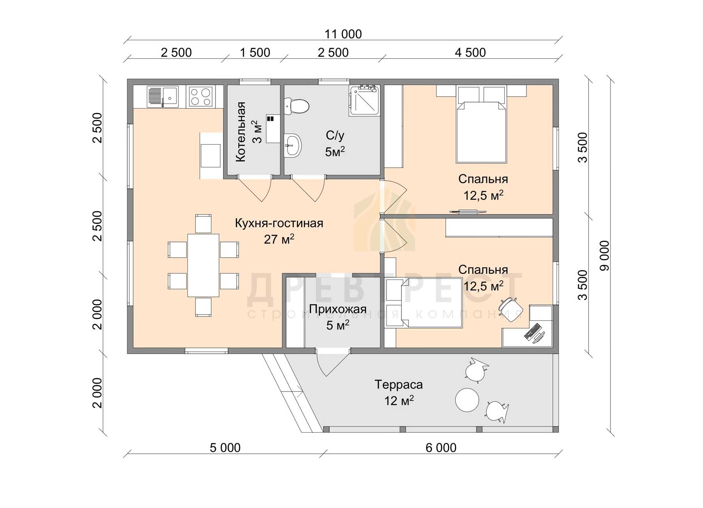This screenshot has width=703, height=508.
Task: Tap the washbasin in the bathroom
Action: (x=293, y=146)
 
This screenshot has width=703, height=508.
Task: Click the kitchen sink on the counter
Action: (x=162, y=97)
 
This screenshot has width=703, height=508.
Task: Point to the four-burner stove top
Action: (x=200, y=97)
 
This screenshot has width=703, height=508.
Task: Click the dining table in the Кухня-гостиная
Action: (x=203, y=265)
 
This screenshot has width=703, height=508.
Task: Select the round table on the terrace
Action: (x=467, y=399)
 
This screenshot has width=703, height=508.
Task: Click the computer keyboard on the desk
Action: (x=532, y=331)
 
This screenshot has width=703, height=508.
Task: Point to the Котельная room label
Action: (x=241, y=132)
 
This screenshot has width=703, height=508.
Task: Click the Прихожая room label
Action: (x=337, y=309)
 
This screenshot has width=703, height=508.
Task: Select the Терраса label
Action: (x=399, y=385)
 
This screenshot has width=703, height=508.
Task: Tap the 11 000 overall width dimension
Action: (x=343, y=34)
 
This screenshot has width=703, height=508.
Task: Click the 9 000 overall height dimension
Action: (x=604, y=256)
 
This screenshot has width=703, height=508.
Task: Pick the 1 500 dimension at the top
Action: (x=255, y=52)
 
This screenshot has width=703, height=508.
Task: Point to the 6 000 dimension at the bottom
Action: (x=441, y=447)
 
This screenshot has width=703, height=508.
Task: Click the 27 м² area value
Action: (x=279, y=239)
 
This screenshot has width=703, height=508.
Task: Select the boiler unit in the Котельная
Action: (x=273, y=129)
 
